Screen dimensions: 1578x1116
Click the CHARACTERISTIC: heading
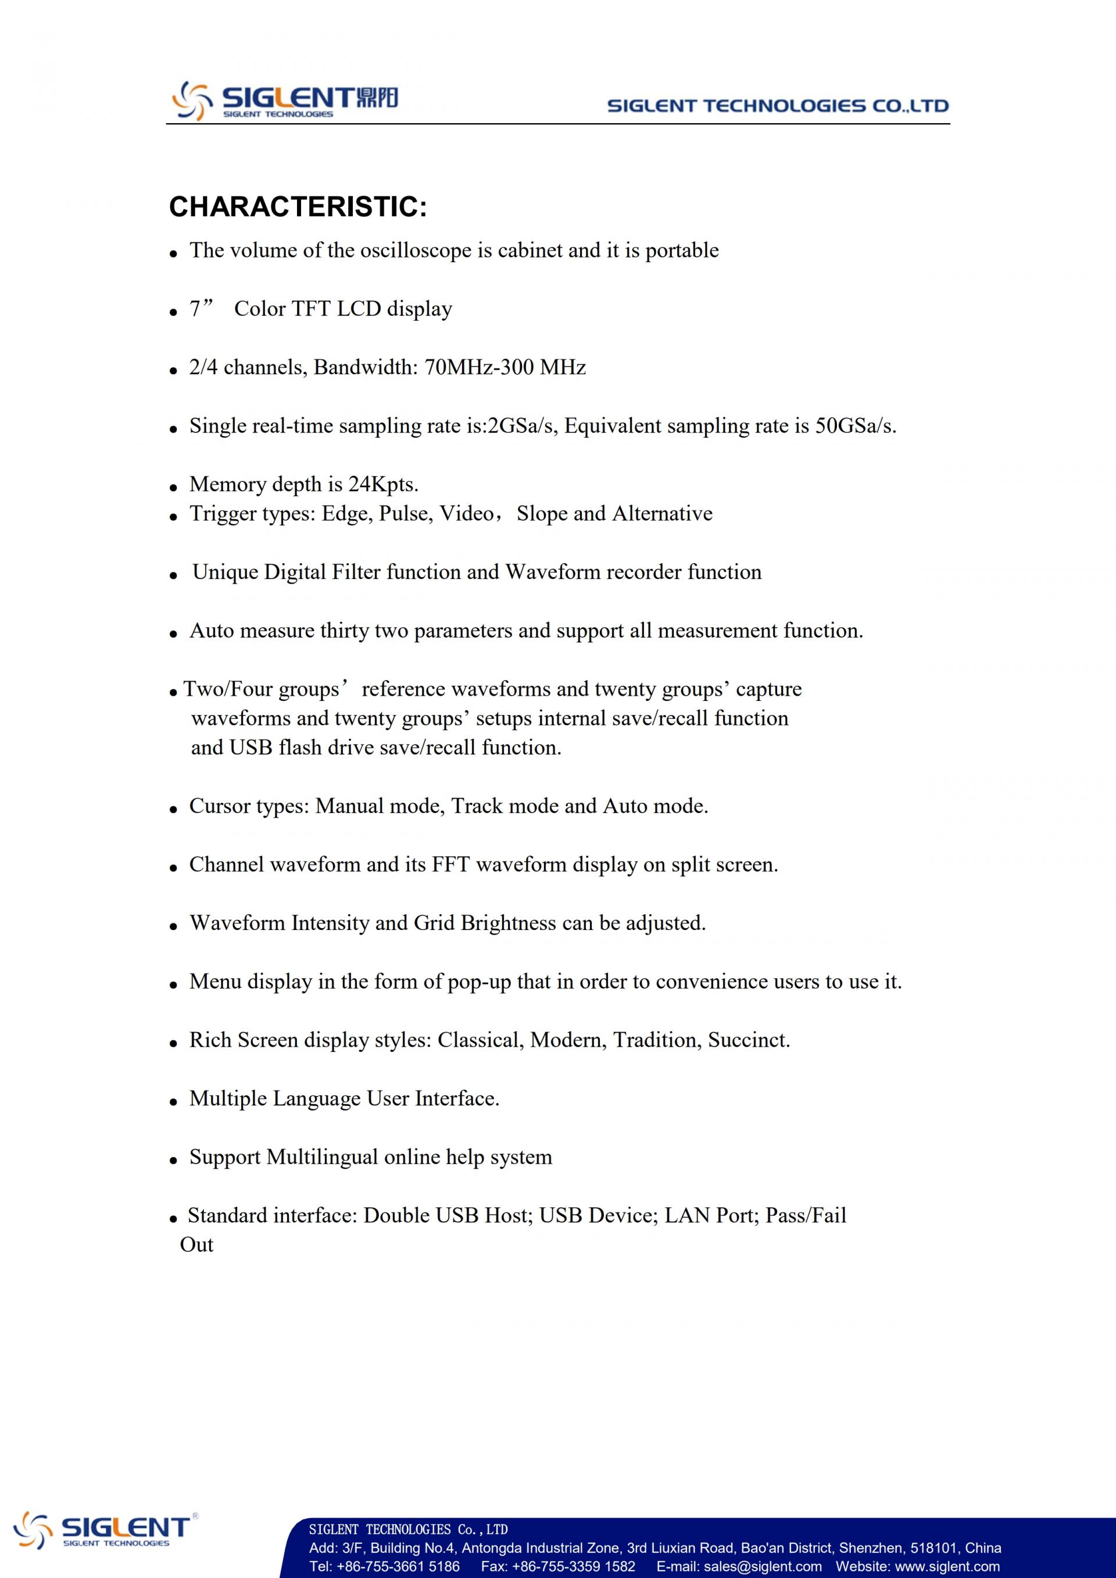pyautogui.click(x=298, y=207)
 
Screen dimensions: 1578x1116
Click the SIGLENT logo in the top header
pyautogui.click(x=284, y=101)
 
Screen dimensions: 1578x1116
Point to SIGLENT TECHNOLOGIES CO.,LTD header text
pyautogui.click(x=777, y=106)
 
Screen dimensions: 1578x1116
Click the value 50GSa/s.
pyautogui.click(x=855, y=426)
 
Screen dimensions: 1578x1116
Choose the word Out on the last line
pyautogui.click(x=196, y=1244)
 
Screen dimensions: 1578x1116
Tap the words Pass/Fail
pyautogui.click(x=806, y=1216)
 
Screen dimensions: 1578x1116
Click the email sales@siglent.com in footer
pyautogui.click(x=762, y=1566)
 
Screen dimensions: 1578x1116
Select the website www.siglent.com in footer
pyautogui.click(x=945, y=1566)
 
